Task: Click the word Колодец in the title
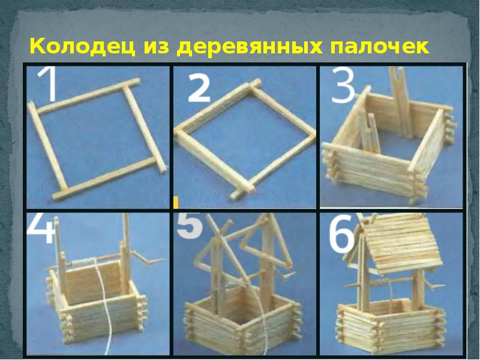82,47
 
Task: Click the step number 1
49,83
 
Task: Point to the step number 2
199,89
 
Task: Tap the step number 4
40,228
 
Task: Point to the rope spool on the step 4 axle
84,262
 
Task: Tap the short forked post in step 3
369,133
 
